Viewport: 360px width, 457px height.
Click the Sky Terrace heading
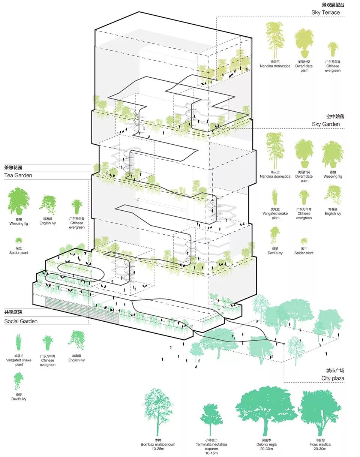[325, 12]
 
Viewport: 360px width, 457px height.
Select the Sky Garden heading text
[325, 124]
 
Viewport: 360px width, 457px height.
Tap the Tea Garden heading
[18, 175]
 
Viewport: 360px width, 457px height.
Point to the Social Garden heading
[21, 321]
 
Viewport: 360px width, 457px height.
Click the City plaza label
[333, 378]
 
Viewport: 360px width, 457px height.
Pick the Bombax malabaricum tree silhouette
[157, 411]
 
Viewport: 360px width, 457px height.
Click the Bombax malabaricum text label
[158, 444]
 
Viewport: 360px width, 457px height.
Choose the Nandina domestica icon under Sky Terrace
[275, 40]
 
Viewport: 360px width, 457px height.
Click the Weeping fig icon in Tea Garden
[19, 202]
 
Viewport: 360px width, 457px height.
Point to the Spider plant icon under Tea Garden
[19, 241]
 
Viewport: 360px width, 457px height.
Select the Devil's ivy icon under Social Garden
[19, 382]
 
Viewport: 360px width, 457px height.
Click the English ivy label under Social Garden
[76, 360]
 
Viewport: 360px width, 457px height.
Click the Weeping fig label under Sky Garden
[333, 176]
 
